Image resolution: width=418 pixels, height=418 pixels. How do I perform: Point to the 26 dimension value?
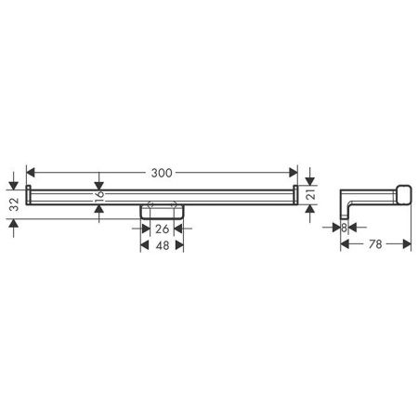click(x=163, y=229)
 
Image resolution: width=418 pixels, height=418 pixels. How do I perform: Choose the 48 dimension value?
click(x=163, y=247)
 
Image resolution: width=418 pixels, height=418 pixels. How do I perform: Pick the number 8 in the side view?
click(x=344, y=227)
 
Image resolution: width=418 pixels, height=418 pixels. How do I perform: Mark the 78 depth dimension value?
click(x=376, y=245)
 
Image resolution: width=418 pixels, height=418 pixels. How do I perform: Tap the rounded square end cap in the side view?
click(x=401, y=192)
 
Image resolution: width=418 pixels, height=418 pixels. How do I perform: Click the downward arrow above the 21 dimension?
click(x=312, y=180)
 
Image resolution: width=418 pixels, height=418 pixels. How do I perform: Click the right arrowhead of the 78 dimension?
click(x=407, y=245)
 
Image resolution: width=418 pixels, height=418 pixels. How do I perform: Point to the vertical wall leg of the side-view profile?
click(x=344, y=200)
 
